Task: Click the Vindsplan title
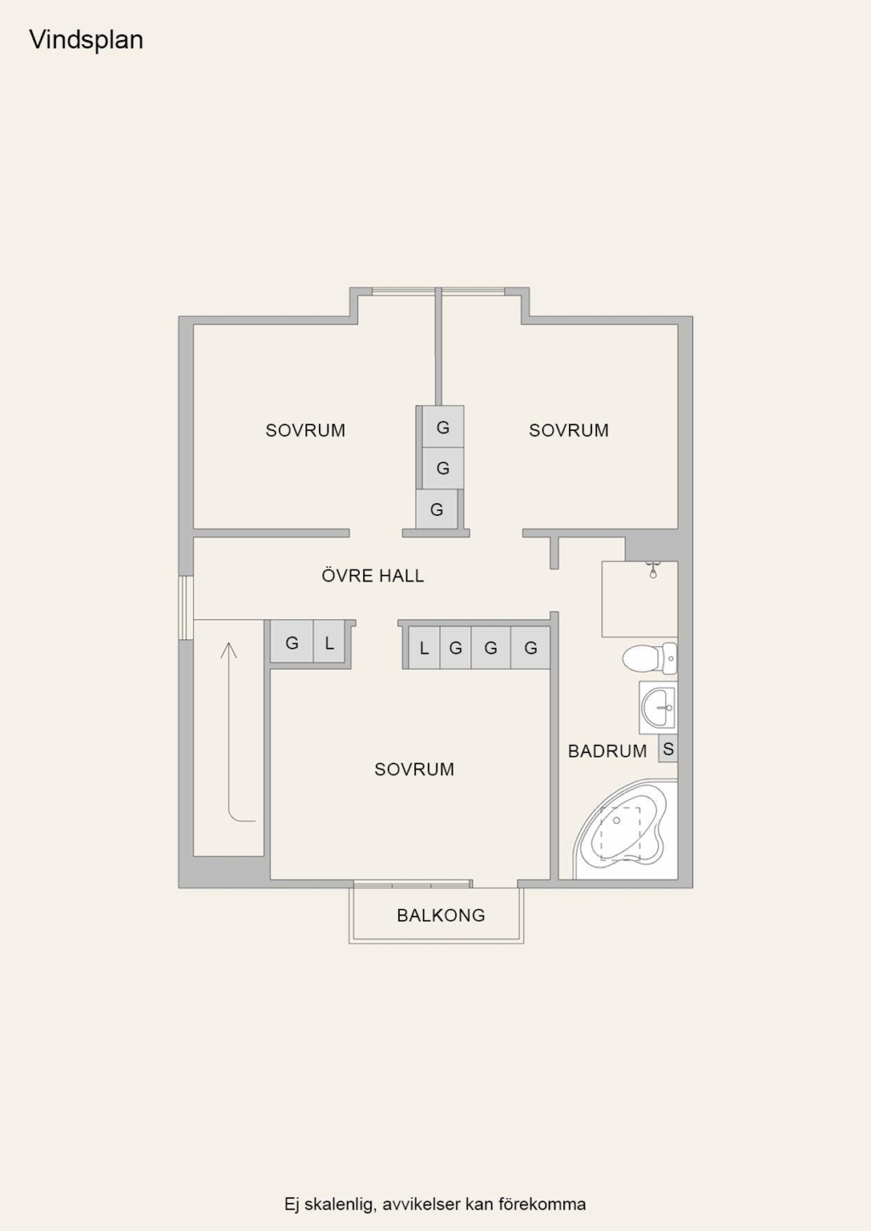click(86, 40)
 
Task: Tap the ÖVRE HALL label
click(373, 576)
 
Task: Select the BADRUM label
click(607, 751)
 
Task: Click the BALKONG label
click(441, 915)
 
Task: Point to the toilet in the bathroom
click(649, 658)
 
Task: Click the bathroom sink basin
click(658, 708)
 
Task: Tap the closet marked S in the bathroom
click(668, 748)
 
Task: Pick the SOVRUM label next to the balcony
click(414, 769)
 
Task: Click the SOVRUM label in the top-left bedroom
click(305, 430)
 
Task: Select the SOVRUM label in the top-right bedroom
click(568, 430)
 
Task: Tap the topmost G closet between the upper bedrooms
click(442, 427)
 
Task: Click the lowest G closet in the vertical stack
click(436, 509)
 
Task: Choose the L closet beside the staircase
click(329, 643)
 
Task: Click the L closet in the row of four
click(424, 649)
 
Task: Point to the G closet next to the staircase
click(292, 643)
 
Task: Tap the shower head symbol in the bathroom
click(652, 570)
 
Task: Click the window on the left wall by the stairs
click(186, 607)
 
